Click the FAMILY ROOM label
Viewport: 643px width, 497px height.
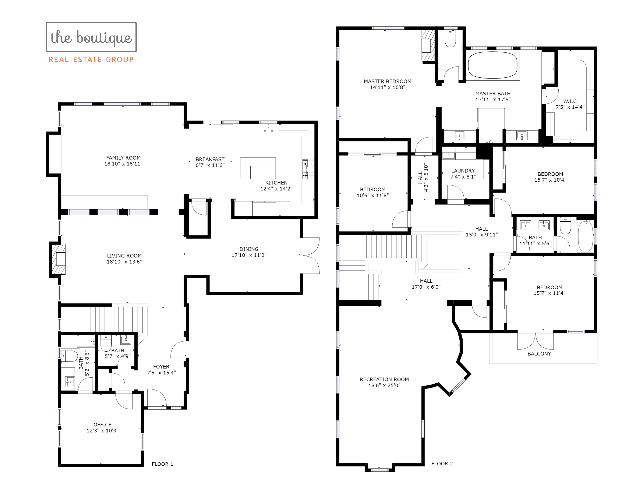123,158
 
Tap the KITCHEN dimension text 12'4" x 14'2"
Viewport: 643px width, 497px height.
276,189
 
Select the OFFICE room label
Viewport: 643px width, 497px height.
102,424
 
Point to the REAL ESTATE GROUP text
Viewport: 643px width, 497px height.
91,60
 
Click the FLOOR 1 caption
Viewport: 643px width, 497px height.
162,464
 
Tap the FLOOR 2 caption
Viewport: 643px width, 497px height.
442,464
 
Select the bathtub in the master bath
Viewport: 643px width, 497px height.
493,65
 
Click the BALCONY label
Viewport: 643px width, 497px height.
539,354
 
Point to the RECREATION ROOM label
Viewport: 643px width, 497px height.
384,379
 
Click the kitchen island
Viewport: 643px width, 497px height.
258,168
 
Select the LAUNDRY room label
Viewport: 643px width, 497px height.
463,171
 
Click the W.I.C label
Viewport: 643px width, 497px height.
570,101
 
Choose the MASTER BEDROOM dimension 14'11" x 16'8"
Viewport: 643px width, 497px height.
387,88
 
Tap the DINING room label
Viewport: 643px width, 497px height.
249,249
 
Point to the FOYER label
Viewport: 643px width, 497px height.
161,367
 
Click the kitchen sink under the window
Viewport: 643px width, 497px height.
268,130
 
